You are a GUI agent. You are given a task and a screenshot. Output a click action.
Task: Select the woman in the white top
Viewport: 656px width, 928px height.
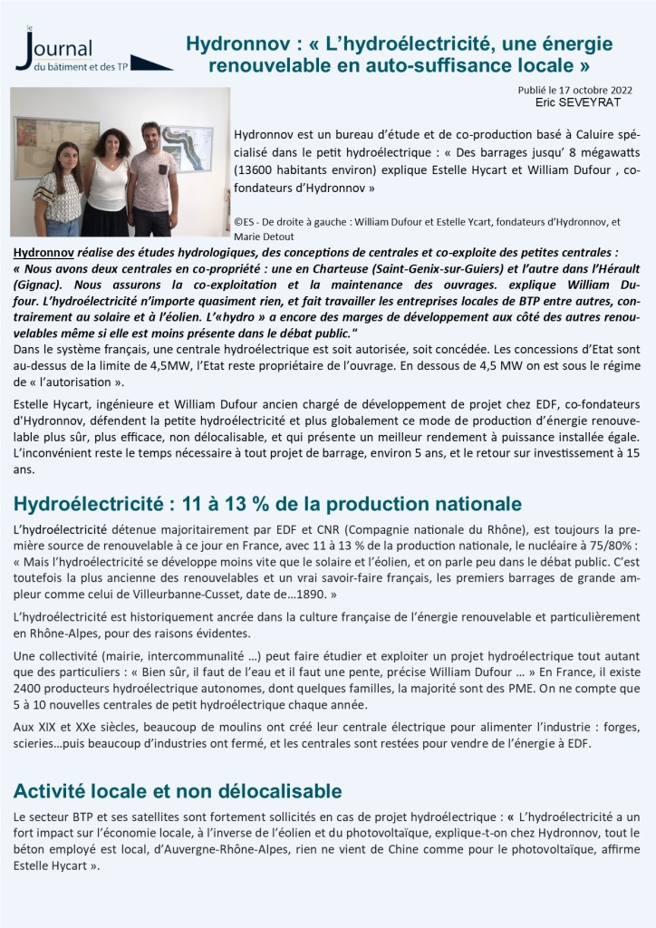tap(108, 181)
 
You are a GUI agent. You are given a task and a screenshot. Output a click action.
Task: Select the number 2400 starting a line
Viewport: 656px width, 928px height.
tap(30, 688)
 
